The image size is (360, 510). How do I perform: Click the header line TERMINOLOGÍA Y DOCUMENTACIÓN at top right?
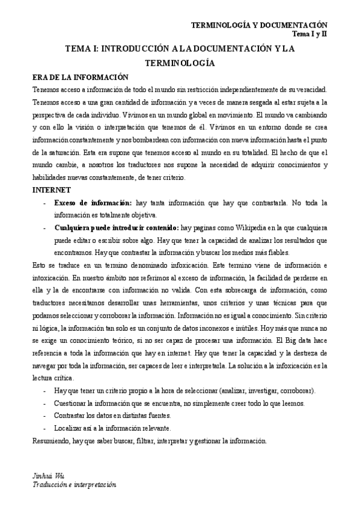tap(258, 25)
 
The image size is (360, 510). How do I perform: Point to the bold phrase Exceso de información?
tap(93, 203)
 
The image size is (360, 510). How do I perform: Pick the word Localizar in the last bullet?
tap(69, 428)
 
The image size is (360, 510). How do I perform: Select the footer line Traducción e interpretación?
tap(74, 485)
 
